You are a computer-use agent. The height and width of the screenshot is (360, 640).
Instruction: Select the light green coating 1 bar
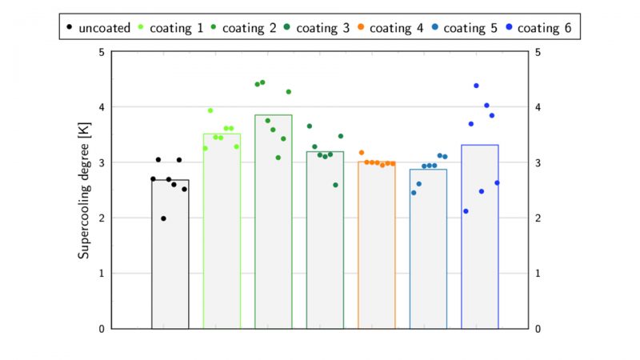point(222,231)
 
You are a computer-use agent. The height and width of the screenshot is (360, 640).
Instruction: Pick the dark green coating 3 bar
point(325,240)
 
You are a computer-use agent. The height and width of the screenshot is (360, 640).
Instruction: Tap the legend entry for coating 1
point(173,28)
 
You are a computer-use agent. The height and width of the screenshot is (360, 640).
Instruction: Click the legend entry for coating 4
point(394,28)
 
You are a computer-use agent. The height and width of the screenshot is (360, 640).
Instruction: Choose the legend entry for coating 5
point(468,28)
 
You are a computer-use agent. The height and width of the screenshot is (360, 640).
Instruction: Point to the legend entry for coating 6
point(542,28)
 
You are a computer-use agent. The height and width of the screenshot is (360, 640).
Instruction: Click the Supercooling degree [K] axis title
point(84,190)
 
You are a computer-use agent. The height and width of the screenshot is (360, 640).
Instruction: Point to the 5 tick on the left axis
point(101,52)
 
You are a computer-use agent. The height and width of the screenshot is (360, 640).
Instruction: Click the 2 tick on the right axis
point(539,218)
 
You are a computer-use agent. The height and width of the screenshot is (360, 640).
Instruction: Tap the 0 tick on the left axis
point(101,329)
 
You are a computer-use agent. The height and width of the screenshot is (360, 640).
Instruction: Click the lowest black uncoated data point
point(163,218)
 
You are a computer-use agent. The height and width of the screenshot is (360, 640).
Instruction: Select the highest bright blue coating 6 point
point(476,86)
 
